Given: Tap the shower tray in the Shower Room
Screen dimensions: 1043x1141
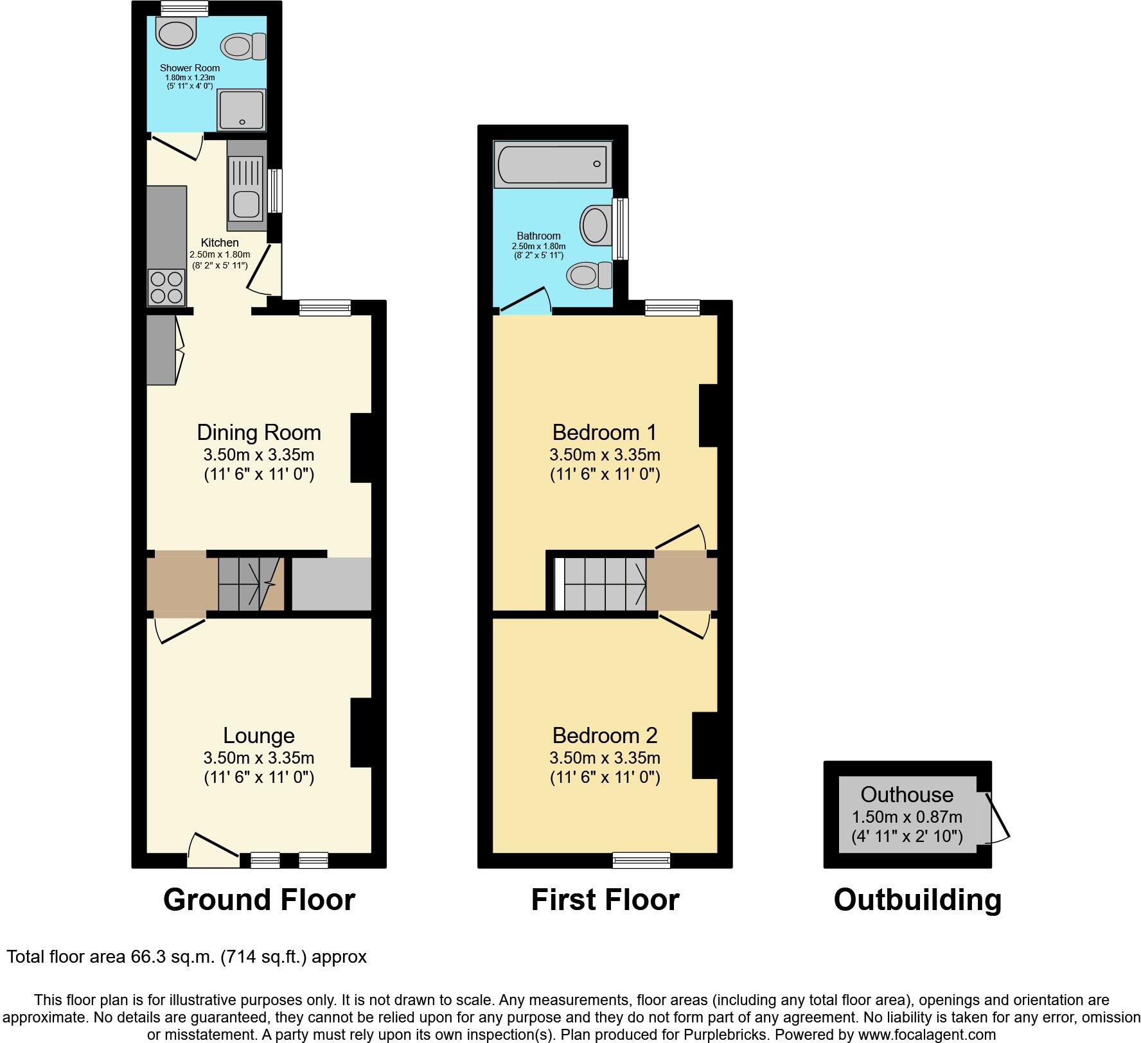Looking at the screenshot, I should tap(241, 109).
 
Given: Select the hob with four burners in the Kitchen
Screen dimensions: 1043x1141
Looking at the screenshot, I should tap(167, 287).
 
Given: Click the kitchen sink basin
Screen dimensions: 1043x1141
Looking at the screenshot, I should tap(245, 204).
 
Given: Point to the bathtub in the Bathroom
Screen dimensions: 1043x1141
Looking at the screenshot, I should tap(553, 164).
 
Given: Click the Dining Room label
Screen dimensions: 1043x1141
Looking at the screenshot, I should tap(259, 432).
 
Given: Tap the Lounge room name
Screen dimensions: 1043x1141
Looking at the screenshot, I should tap(259, 735).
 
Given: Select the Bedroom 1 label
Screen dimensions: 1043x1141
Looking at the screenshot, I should tap(605, 432).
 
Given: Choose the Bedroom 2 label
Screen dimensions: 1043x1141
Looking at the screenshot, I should tap(605, 735).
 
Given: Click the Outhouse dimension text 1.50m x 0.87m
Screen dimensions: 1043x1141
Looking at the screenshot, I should tap(907, 817).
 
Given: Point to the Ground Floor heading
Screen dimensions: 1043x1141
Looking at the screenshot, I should tap(259, 900).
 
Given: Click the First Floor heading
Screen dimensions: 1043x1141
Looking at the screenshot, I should tap(605, 900).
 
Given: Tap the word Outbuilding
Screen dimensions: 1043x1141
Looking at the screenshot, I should tap(917, 900).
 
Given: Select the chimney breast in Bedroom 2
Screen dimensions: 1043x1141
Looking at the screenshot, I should tap(704, 746).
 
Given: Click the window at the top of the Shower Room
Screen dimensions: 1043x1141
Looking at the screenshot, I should tap(184, 8).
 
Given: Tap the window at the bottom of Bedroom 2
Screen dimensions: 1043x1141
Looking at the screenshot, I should tap(641, 859).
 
